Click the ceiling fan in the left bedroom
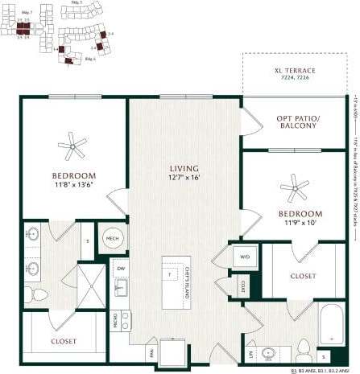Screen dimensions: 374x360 pyautogui.click(x=72, y=146)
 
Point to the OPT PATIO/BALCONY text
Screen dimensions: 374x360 pyautogui.click(x=294, y=122)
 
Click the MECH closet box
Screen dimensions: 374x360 pyautogui.click(x=112, y=238)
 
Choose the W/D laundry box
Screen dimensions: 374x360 pyautogui.click(x=245, y=257)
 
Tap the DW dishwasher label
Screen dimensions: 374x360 pyautogui.click(x=121, y=269)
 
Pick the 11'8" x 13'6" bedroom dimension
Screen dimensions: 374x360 pyautogui.click(x=73, y=184)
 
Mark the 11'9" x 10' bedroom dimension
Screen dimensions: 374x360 pyautogui.click(x=300, y=223)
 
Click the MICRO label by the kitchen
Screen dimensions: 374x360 pyautogui.click(x=115, y=319)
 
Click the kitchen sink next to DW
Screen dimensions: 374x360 pyautogui.click(x=121, y=287)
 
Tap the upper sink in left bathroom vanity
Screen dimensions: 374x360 pyautogui.click(x=33, y=236)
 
